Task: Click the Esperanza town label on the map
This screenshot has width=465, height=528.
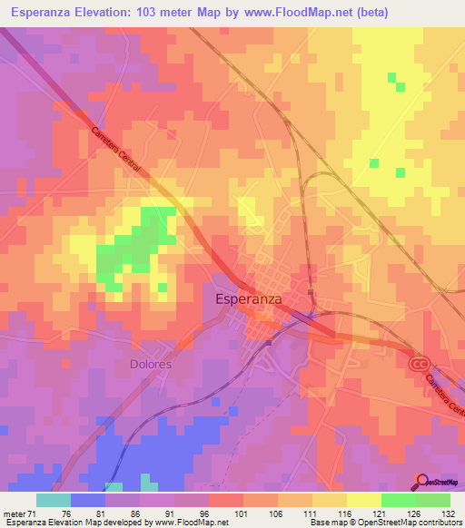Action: coord(248,298)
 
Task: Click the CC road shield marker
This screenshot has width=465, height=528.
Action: coord(418,363)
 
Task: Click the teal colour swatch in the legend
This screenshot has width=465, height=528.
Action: coord(54,500)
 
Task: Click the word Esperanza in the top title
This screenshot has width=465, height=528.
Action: coord(43,13)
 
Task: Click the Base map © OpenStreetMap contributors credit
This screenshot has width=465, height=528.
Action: coord(383,523)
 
